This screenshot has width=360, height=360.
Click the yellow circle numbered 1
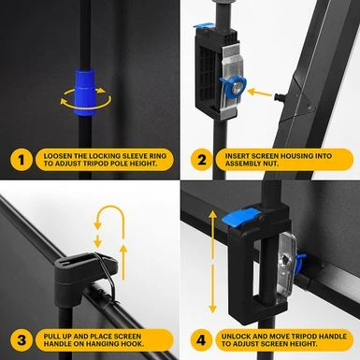tap(22, 160)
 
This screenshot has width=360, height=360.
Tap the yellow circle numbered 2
tap(202, 160)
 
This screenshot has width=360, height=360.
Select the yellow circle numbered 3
tap(22, 339)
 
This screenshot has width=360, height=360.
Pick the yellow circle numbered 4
tap(202, 339)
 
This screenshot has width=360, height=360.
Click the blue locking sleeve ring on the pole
tap(85, 92)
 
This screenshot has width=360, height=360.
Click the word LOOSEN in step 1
tap(57, 156)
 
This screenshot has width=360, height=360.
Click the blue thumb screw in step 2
tap(233, 87)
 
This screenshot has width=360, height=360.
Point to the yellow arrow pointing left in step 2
tap(260, 93)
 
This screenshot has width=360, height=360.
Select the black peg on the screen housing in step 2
tap(278, 97)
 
